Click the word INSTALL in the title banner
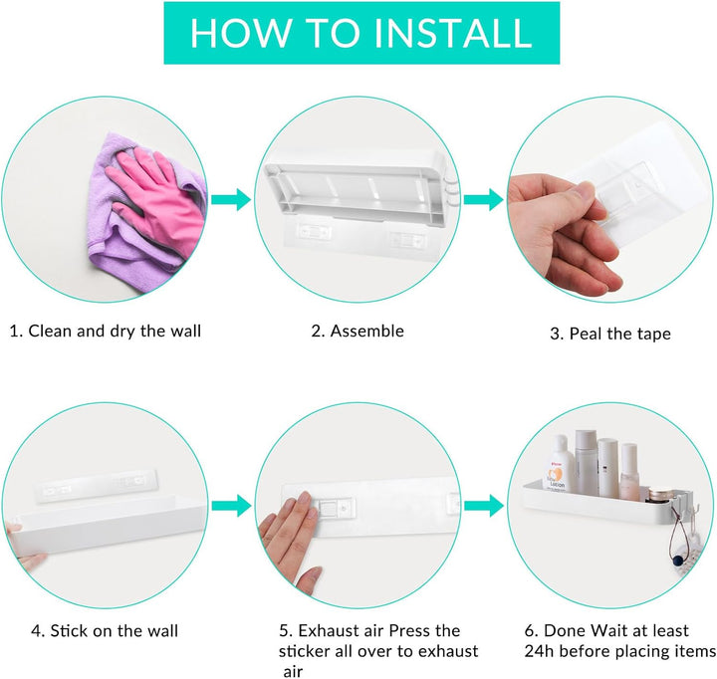(453, 33)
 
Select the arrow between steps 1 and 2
(231, 199)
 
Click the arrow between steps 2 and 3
(483, 199)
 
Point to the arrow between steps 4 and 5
(231, 506)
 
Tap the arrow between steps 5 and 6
(483, 506)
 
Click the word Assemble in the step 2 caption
(367, 332)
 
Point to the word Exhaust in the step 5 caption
(330, 631)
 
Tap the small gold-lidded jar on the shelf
(660, 494)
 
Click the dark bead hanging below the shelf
(677, 561)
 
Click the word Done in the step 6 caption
(565, 631)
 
